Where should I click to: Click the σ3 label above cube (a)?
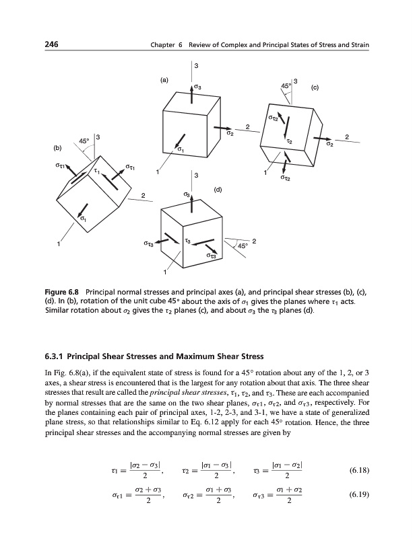(x=197, y=87)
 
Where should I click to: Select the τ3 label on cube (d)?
(x=188, y=240)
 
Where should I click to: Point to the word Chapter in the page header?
(x=164, y=45)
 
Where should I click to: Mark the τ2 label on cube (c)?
(x=289, y=142)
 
